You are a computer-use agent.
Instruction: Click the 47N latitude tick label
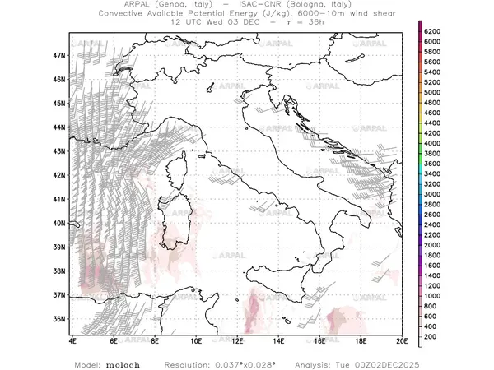58,55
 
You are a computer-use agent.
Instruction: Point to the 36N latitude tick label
58,318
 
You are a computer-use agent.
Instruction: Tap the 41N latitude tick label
58,199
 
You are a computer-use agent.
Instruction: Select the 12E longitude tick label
237,340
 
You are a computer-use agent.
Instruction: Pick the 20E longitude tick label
401,340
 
